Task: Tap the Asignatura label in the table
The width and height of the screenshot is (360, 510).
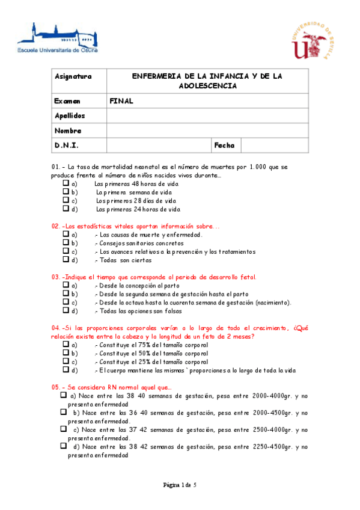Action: [73, 76]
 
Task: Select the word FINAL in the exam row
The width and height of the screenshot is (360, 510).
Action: [121, 101]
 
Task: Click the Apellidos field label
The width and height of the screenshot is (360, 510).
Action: [70, 115]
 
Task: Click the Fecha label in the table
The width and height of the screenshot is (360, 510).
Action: [224, 146]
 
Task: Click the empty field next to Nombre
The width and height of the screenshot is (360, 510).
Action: [207, 131]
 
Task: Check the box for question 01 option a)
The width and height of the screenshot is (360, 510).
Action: [66, 183]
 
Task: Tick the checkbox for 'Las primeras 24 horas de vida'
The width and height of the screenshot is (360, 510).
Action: [66, 209]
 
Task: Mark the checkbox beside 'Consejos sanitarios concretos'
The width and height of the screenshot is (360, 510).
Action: [66, 243]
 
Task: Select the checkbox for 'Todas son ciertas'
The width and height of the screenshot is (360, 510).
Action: [66, 260]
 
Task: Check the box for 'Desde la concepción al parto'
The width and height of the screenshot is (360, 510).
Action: [66, 285]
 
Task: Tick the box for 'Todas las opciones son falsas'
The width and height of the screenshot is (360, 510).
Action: [66, 311]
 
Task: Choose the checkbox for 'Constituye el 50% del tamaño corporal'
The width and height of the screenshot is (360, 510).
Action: [66, 353]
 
